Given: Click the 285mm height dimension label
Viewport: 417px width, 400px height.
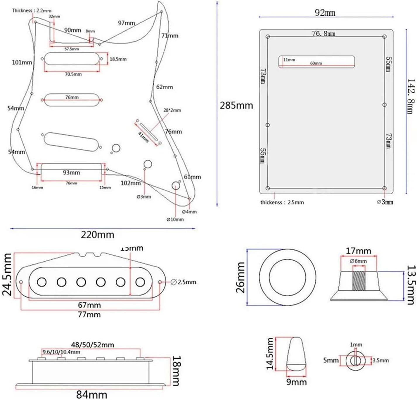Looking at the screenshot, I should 236,105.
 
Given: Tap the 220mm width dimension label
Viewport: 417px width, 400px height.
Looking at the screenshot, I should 98,235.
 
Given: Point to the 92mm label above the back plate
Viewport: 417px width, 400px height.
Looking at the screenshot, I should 325,13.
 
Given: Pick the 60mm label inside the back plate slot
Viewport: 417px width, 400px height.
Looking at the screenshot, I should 316,63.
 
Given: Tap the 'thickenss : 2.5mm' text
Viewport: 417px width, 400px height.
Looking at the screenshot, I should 282,202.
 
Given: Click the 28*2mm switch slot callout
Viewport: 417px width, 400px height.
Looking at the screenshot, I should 172,110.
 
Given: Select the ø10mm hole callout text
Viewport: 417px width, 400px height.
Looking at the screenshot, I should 175,219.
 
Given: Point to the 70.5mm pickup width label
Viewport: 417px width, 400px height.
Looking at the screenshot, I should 73,74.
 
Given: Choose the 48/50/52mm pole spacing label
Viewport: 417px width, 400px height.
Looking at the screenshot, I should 92,345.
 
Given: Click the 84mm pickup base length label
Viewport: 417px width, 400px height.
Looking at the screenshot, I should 91,395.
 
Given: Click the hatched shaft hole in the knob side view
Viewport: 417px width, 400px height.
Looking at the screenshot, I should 359,281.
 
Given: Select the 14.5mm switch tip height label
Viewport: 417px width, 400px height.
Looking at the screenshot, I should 270,354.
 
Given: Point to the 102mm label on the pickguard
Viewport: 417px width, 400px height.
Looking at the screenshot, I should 131,183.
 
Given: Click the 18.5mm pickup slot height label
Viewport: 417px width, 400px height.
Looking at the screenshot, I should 118,59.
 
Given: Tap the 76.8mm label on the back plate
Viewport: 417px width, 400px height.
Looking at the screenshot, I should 323,34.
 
